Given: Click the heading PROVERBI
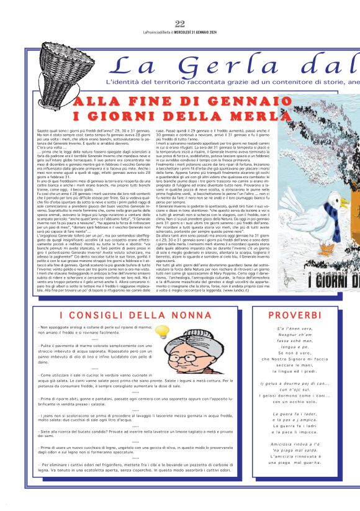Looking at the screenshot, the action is coord(303,315).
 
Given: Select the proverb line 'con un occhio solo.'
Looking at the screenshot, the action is coord(303,401).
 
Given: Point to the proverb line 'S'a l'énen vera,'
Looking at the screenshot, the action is coord(303,328).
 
